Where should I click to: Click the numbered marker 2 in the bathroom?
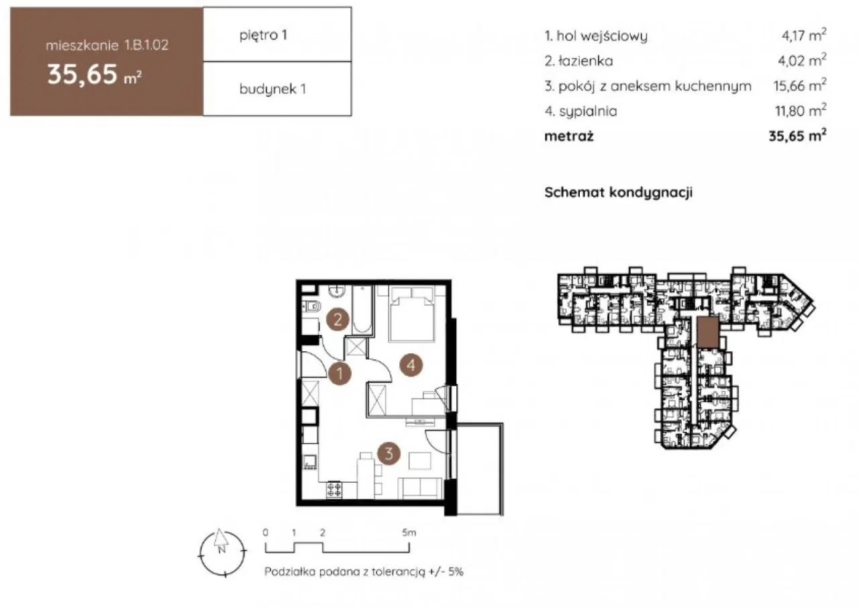pyautogui.click(x=338, y=320)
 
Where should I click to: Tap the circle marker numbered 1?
pyautogui.click(x=340, y=373)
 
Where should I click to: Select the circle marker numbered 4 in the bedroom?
pyautogui.click(x=411, y=365)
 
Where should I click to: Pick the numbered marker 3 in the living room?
pyautogui.click(x=389, y=453)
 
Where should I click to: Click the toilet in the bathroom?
pyautogui.click(x=312, y=306)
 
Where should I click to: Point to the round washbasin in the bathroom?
pyautogui.click(x=337, y=291)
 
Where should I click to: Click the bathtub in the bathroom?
pyautogui.click(x=362, y=310)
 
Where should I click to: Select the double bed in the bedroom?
pyautogui.click(x=411, y=314)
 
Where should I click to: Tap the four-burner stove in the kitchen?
pyautogui.click(x=334, y=490)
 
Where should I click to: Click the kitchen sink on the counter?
pyautogui.click(x=309, y=462)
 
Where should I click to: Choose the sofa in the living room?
pyautogui.click(x=420, y=488)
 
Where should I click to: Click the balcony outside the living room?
pyautogui.click(x=479, y=469)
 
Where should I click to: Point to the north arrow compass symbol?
pyautogui.click(x=222, y=553)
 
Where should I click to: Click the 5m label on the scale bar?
pyautogui.click(x=409, y=532)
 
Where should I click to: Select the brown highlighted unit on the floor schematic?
pyautogui.click(x=708, y=332)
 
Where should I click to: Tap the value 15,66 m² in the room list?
pyautogui.click(x=799, y=85)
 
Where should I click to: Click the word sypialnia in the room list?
pyautogui.click(x=588, y=111)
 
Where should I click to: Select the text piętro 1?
pyautogui.click(x=263, y=36)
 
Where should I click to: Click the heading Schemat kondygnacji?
pyautogui.click(x=618, y=192)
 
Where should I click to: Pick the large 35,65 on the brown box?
pyautogui.click(x=82, y=75)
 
